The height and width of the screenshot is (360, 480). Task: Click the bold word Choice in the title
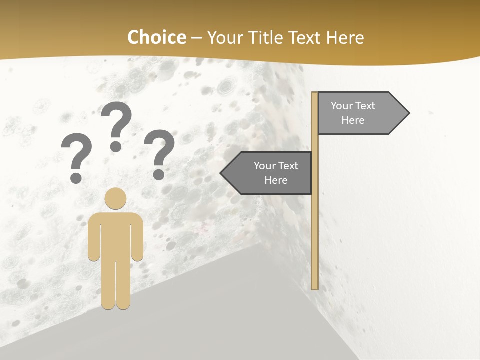click(156, 37)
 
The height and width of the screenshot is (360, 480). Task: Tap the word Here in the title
click(345, 38)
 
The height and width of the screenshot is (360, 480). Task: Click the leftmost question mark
click(76, 152)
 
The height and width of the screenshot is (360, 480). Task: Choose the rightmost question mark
click(159, 150)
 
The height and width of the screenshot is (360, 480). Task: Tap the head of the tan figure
click(115, 198)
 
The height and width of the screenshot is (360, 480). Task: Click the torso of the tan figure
click(115, 235)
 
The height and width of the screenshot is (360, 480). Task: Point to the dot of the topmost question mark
click(116, 146)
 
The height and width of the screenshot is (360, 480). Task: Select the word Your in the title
click(223, 38)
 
